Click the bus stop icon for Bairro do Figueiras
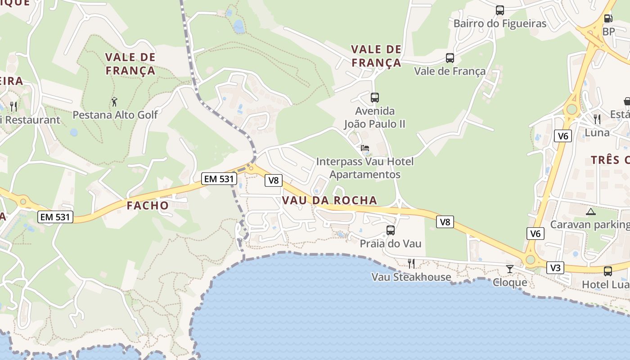(499, 10)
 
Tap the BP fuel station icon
(608, 19)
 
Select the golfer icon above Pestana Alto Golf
(114, 101)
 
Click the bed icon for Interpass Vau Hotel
(365, 148)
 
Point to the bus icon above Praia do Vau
(391, 230)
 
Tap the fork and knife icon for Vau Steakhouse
(411, 263)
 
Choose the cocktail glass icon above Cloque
(509, 269)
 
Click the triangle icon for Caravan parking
(590, 211)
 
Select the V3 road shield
(555, 268)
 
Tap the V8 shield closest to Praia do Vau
(445, 221)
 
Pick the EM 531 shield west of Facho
(55, 217)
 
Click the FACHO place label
(148, 206)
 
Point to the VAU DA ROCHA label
(329, 201)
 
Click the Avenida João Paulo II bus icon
(375, 97)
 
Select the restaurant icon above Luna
(597, 119)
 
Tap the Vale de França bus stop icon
(450, 58)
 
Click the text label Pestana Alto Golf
(115, 115)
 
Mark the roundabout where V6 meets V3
(531, 260)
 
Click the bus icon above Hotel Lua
(607, 271)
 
